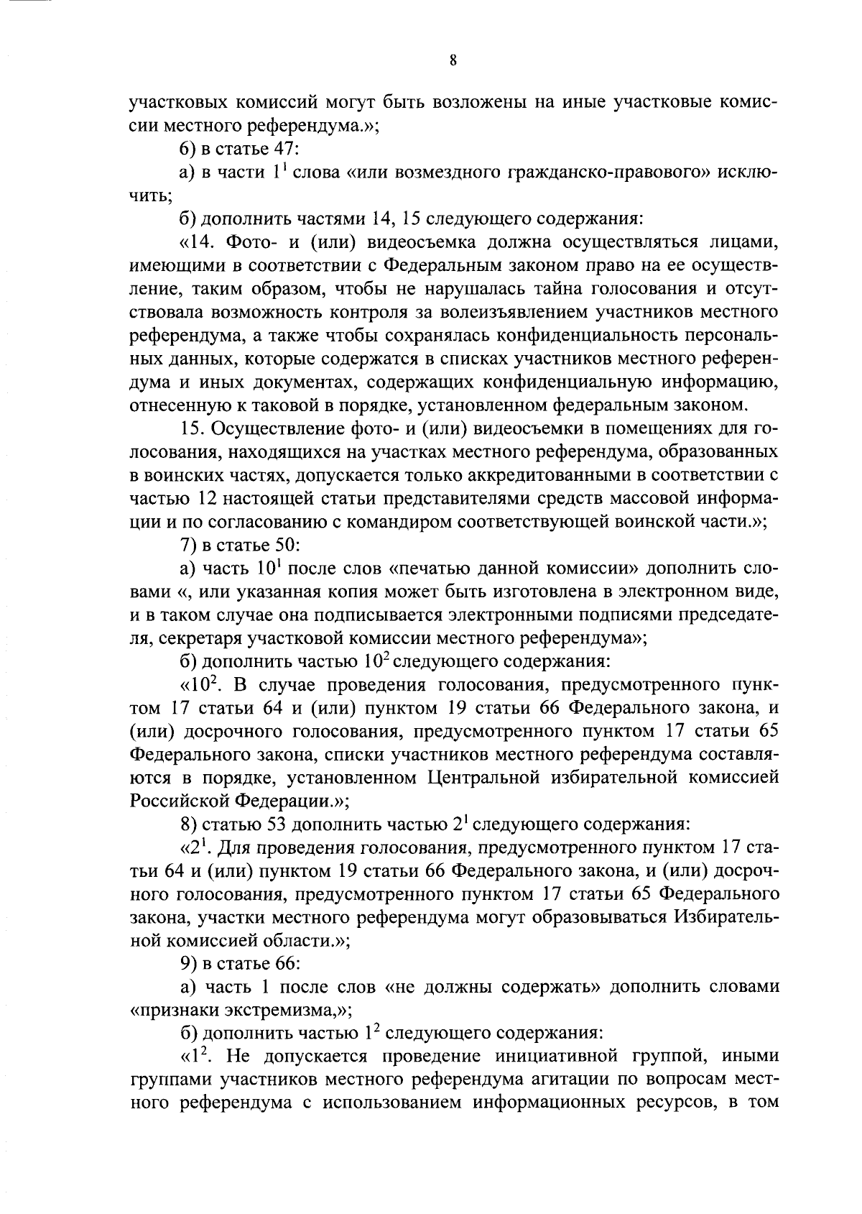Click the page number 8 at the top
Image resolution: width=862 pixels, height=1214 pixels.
[453, 61]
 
